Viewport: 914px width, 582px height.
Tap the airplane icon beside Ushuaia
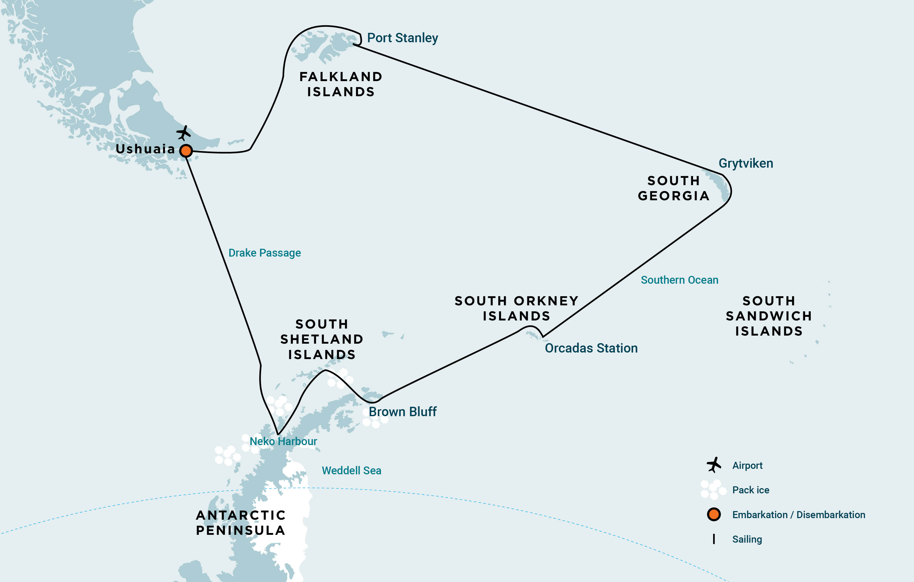[x=184, y=133]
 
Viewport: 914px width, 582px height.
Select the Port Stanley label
[x=402, y=38]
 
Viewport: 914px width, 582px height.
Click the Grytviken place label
[x=745, y=163]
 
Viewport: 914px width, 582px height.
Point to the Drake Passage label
[x=264, y=253]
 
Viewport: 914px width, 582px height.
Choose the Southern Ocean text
[x=680, y=280]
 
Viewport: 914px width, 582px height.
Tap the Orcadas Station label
[x=591, y=348]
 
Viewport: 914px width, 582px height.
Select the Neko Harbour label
[x=283, y=441]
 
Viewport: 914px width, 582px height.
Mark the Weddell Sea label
[x=351, y=471]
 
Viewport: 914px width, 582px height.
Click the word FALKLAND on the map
[x=341, y=77]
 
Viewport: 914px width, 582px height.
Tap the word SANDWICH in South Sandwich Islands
[x=769, y=316]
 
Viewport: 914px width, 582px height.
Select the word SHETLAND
[x=322, y=339]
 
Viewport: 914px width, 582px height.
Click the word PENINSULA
[x=240, y=530]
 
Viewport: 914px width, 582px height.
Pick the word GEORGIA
[x=673, y=196]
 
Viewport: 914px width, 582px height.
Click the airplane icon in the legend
[x=714, y=465]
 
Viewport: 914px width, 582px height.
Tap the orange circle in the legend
[x=714, y=514]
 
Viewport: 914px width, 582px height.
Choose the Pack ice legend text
[x=750, y=490]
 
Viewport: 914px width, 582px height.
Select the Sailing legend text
[x=747, y=539]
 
